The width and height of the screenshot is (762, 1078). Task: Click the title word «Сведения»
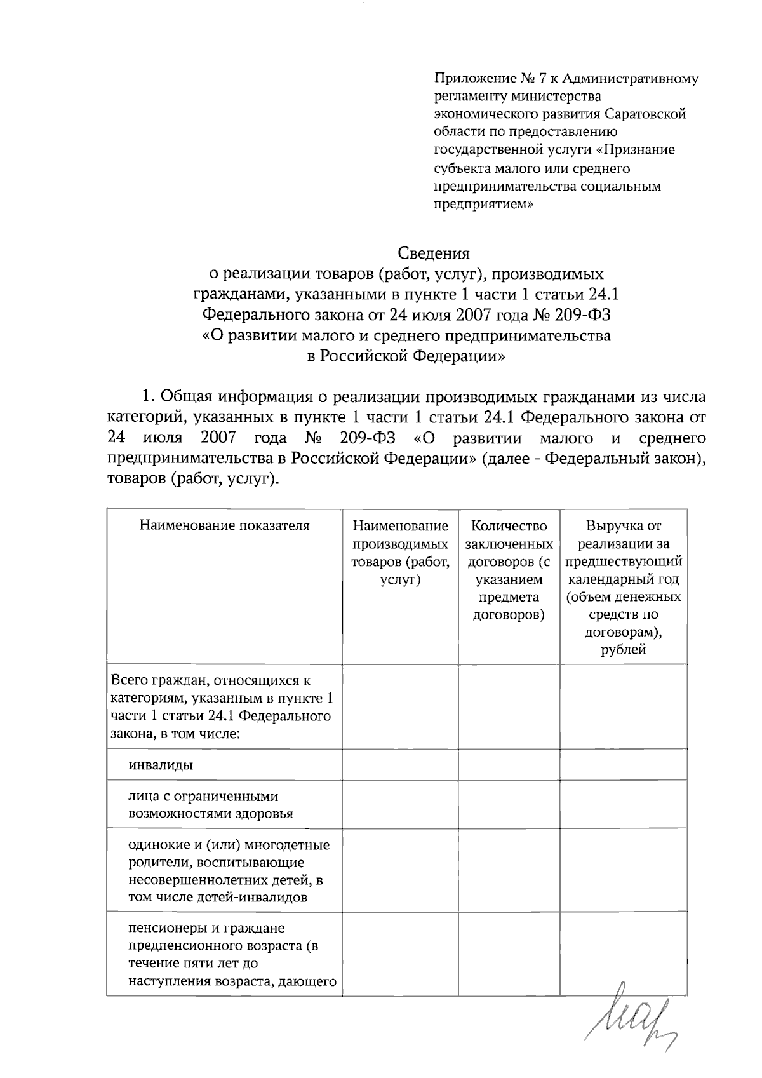434,253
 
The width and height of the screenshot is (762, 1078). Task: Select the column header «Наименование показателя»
224,526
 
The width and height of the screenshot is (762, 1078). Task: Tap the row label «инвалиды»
161,765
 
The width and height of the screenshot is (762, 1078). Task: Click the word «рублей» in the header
623,650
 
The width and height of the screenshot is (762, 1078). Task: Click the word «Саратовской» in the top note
645,114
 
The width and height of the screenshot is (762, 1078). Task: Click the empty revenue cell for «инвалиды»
623,764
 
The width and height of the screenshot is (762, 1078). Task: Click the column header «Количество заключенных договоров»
509,544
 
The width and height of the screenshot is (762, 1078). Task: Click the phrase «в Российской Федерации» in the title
406,356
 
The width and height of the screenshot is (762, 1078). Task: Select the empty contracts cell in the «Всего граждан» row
509,706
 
